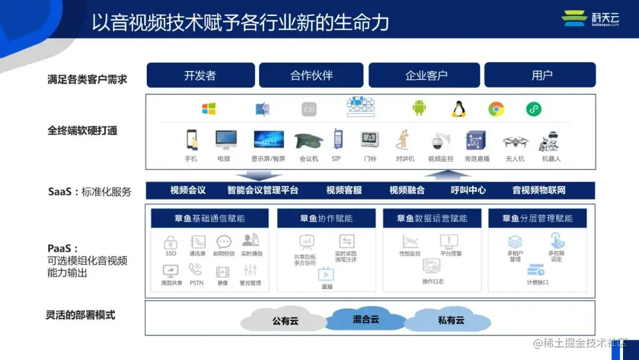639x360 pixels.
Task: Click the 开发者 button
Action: pyautogui.click(x=200, y=75)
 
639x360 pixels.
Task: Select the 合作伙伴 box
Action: pyautogui.click(x=311, y=75)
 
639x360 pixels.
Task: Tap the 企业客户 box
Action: pyautogui.click(x=426, y=75)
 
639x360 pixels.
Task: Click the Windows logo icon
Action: pyautogui.click(x=208, y=109)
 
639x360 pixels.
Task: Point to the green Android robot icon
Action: pyautogui.click(x=419, y=108)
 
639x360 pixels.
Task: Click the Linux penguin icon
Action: pyautogui.click(x=458, y=109)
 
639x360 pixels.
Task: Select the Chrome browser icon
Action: pyautogui.click(x=496, y=109)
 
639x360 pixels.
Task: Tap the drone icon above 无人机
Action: pyautogui.click(x=515, y=142)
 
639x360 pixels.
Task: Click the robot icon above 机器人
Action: pyautogui.click(x=550, y=142)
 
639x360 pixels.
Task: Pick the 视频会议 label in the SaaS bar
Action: pyautogui.click(x=188, y=190)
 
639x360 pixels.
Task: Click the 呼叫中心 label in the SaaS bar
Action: pyautogui.click(x=468, y=190)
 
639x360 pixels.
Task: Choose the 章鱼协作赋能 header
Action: pyautogui.click(x=326, y=218)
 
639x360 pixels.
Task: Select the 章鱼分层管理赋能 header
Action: pyautogui.click(x=537, y=218)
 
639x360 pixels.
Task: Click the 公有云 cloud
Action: pyautogui.click(x=285, y=320)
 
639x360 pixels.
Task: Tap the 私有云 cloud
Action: pyautogui.click(x=451, y=320)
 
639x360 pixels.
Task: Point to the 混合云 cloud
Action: pyautogui.click(x=366, y=319)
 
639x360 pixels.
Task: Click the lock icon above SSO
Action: pyautogui.click(x=171, y=242)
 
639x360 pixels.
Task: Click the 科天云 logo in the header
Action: pyautogui.click(x=590, y=18)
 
